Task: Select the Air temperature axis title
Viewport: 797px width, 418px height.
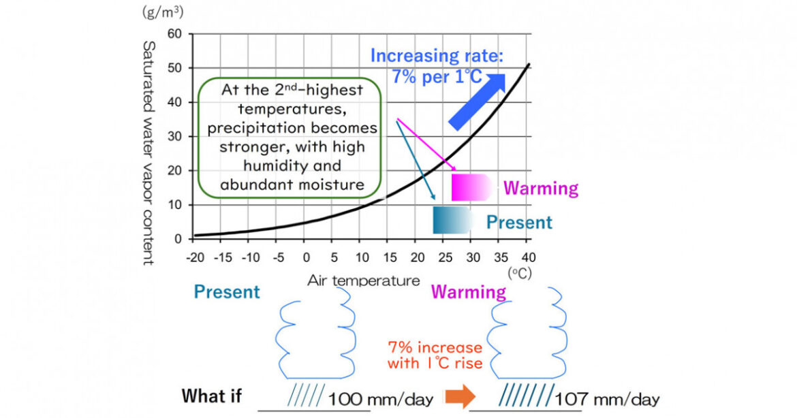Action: (363, 280)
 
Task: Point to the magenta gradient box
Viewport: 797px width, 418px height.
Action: (470, 187)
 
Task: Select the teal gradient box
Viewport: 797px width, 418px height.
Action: (452, 221)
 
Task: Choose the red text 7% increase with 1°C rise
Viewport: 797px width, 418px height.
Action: (435, 354)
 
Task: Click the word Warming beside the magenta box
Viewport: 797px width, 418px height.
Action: (541, 188)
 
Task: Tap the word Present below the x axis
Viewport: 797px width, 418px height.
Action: (227, 292)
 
